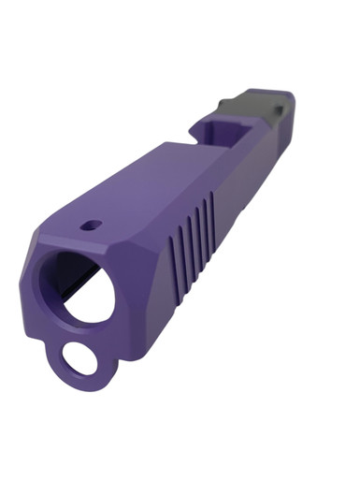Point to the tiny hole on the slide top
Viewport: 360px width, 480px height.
[91, 225]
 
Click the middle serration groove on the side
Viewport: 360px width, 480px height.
[194, 232]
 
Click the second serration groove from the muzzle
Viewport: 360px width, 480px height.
[183, 242]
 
